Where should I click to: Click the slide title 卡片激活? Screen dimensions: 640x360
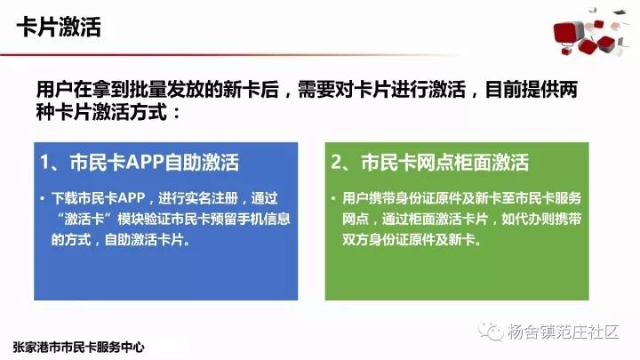(59, 28)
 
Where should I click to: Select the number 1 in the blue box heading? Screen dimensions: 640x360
(44, 163)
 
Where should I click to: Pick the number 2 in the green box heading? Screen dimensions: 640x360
(337, 163)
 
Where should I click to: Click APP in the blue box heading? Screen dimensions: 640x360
(145, 163)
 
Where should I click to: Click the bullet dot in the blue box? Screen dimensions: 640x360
(43, 199)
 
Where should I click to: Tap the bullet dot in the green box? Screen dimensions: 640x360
(333, 199)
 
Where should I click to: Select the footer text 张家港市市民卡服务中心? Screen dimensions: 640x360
(79, 348)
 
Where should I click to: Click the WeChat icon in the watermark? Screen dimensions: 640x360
(491, 332)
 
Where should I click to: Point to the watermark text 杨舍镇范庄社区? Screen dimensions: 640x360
(564, 332)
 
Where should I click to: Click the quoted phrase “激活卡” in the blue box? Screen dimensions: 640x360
(84, 220)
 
